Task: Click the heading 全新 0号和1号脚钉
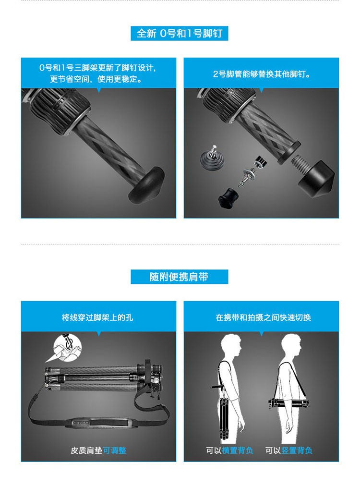(x=180, y=33)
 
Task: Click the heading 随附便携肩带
(x=179, y=277)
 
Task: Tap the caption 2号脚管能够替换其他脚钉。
(x=261, y=74)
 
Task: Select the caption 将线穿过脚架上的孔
(x=97, y=317)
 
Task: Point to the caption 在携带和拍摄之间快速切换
(x=263, y=317)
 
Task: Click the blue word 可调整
(x=115, y=450)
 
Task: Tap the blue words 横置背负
(x=238, y=450)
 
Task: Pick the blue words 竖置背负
(x=297, y=450)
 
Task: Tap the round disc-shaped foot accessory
(x=213, y=158)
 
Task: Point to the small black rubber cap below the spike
(x=228, y=198)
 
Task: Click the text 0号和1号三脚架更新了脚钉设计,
(x=97, y=68)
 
